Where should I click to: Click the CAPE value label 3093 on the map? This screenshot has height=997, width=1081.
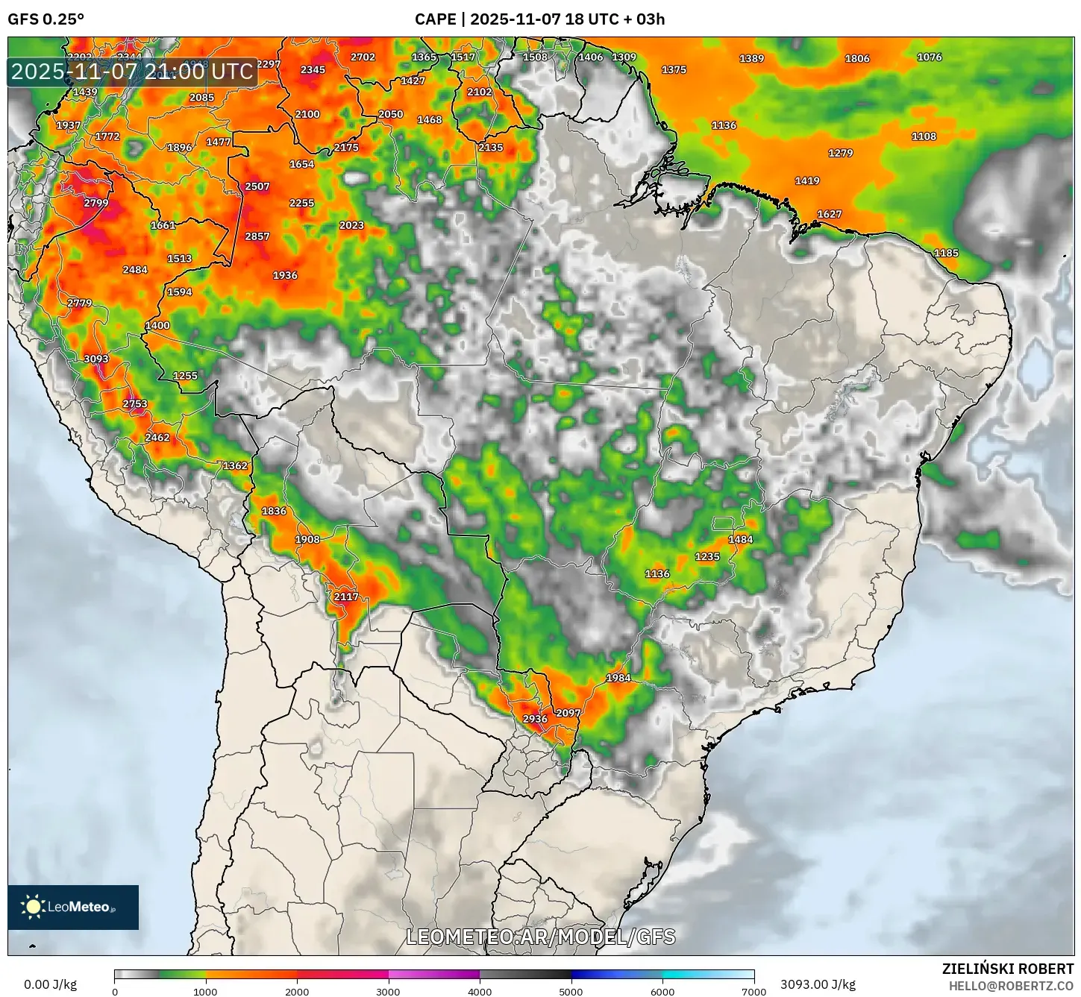click(x=96, y=359)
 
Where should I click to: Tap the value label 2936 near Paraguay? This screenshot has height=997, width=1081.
click(x=535, y=719)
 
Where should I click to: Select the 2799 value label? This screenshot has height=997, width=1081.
click(x=96, y=203)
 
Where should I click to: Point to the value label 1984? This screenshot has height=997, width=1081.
click(x=618, y=678)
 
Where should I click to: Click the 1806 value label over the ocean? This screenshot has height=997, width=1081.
click(x=857, y=58)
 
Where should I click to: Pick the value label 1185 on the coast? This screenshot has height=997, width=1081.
click(x=946, y=253)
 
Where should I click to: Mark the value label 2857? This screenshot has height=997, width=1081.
click(x=257, y=236)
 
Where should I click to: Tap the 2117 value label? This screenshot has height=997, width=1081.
click(x=346, y=597)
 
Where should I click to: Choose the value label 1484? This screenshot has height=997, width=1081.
click(x=741, y=539)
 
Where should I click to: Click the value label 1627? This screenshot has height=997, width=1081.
click(x=830, y=214)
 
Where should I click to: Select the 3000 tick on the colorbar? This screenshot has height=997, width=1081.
click(x=388, y=992)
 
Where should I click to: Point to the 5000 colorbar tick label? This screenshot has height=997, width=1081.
click(x=571, y=992)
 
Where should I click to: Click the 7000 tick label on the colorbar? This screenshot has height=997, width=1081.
click(x=753, y=992)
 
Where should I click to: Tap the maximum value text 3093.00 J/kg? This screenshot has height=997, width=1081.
click(x=818, y=984)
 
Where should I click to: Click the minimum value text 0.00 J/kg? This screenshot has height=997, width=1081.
click(x=50, y=984)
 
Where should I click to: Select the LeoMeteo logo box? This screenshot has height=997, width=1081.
click(x=73, y=907)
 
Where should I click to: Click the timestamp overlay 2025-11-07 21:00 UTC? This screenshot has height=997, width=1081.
click(x=132, y=72)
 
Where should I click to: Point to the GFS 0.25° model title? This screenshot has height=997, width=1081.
click(x=46, y=19)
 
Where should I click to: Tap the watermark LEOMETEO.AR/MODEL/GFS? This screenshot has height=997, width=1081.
click(x=541, y=937)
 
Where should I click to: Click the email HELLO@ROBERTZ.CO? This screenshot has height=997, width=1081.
click(x=1011, y=986)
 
